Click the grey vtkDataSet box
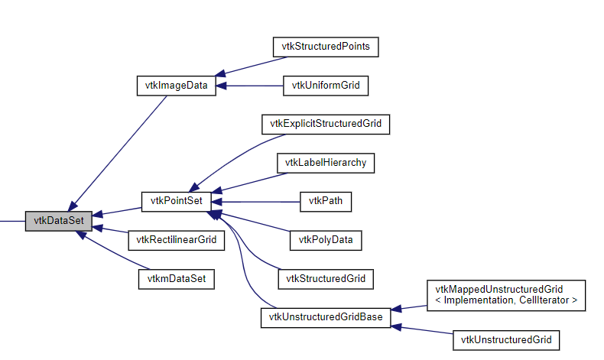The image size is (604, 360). [58, 221]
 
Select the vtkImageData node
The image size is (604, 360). [177, 86]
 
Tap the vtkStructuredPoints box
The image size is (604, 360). [326, 47]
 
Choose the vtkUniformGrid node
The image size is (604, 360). [326, 86]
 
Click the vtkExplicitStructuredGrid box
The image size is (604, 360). [326, 124]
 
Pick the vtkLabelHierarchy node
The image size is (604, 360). [326, 163]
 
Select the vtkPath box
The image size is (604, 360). [326, 202]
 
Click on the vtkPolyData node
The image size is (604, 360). [326, 240]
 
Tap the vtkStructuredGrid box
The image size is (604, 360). [326, 279]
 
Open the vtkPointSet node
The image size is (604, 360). [177, 202]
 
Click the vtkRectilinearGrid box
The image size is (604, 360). [177, 240]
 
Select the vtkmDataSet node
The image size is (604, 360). [177, 279]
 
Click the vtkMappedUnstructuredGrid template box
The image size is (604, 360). [505, 296]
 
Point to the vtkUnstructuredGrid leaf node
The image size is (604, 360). [505, 339]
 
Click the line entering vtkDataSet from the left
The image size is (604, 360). [11, 221]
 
